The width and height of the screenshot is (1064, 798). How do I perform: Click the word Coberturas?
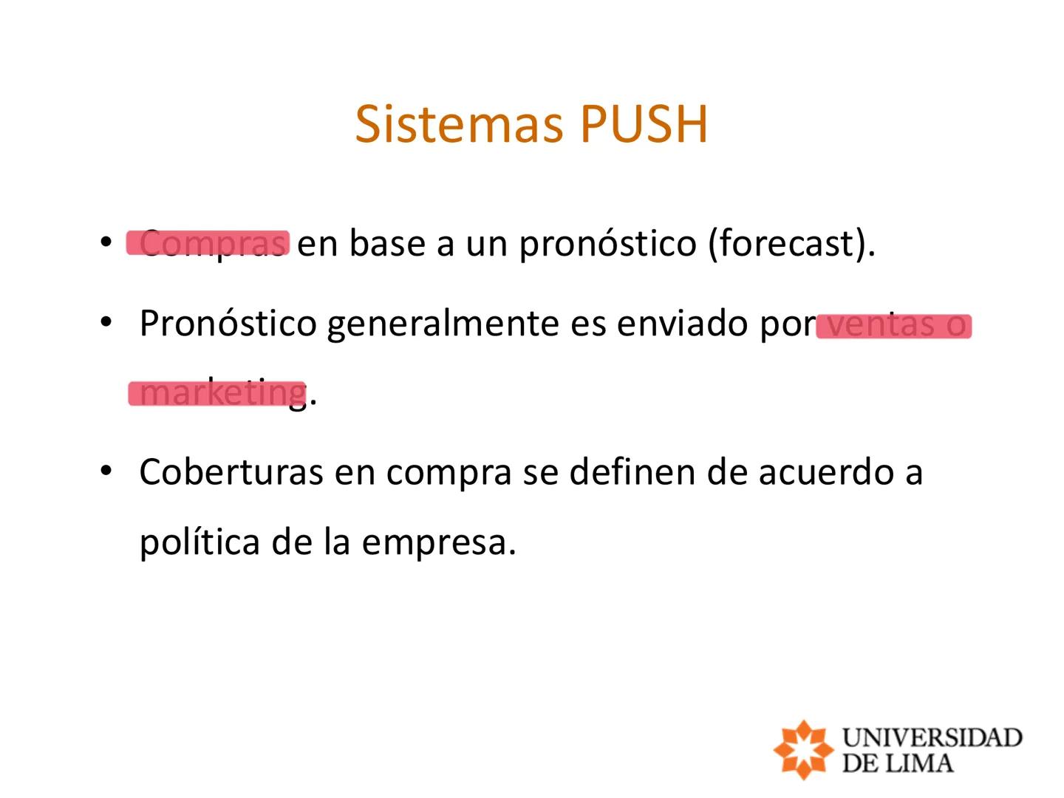pyautogui.click(x=231, y=471)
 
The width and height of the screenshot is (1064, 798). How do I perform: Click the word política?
pyautogui.click(x=199, y=542)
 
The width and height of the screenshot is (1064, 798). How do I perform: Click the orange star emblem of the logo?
pyautogui.click(x=802, y=749)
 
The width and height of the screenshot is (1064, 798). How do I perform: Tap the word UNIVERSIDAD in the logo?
pyautogui.click(x=932, y=737)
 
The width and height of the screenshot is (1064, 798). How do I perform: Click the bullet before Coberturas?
pyautogui.click(x=106, y=470)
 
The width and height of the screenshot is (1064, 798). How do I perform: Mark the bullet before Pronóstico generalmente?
pyautogui.click(x=106, y=322)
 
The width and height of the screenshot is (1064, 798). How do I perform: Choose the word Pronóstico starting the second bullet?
pyautogui.click(x=228, y=324)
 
